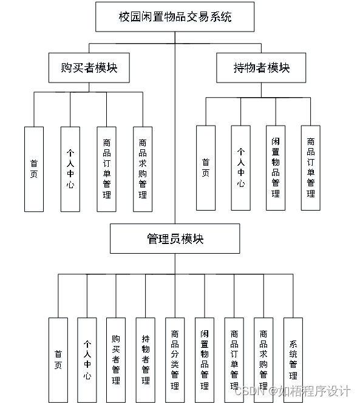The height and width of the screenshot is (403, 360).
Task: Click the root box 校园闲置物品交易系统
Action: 175,17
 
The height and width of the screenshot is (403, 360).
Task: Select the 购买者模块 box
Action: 89,68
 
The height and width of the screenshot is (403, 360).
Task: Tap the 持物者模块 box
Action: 261,68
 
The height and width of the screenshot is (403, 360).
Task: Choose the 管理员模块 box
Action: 175,239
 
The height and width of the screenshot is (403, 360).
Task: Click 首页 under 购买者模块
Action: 34,169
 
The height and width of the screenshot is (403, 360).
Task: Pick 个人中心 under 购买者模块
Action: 70,169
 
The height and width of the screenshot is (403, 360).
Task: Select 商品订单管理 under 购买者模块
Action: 107,169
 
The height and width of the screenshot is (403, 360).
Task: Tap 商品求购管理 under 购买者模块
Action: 143,169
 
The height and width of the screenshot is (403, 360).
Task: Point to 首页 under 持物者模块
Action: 206,168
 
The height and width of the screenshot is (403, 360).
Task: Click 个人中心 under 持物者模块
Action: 241,168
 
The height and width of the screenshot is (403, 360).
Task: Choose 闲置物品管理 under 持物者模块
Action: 276,168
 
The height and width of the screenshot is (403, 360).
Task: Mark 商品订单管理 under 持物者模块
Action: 311,168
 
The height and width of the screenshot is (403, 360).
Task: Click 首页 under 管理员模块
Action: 58,360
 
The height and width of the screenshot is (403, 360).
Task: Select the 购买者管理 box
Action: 116,360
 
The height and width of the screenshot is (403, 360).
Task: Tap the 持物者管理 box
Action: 145,360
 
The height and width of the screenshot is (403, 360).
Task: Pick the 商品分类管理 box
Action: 175,360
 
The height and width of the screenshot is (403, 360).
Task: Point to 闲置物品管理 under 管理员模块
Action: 204,360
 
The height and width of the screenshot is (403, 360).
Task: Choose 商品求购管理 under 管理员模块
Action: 263,360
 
